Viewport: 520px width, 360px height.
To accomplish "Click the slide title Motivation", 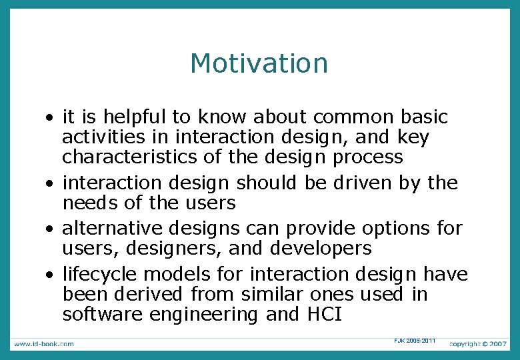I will [x=259, y=64].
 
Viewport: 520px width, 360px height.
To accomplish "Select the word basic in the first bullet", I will [x=424, y=117].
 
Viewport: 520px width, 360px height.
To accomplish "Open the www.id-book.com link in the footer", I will [x=44, y=343].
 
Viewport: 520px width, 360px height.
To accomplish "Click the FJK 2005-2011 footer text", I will [x=414, y=341].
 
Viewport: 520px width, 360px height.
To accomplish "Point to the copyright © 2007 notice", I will [x=477, y=343].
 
